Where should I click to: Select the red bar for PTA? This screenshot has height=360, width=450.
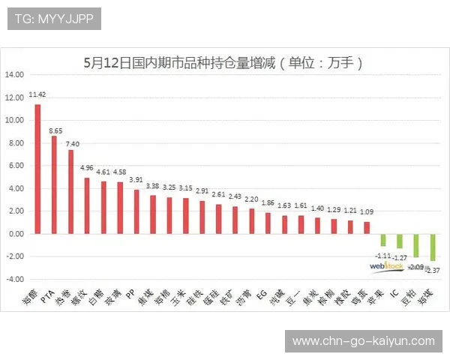point(54,184)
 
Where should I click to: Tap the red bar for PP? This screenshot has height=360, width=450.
point(136,211)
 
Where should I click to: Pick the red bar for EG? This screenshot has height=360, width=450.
point(268,223)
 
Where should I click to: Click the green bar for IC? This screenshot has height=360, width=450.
point(400,241)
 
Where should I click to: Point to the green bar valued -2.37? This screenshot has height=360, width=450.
point(433,247)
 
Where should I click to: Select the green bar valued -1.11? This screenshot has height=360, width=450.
point(383,240)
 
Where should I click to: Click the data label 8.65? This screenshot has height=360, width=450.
point(55,130)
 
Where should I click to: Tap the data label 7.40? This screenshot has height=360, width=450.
point(72,144)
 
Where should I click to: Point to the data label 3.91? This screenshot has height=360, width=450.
point(136,180)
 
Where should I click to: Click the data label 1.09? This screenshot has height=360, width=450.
point(366,212)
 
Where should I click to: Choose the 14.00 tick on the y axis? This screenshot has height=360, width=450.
point(15,75)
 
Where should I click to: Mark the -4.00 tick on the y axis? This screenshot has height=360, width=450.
point(15,279)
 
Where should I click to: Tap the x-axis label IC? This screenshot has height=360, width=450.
point(394,295)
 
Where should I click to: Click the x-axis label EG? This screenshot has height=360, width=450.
point(262,295)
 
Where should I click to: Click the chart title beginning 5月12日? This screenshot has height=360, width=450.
point(224,63)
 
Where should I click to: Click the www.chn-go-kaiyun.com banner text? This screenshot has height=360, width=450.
point(363,341)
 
